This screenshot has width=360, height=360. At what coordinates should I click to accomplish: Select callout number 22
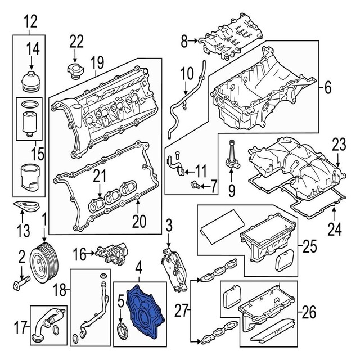pyautogui.click(x=76, y=40)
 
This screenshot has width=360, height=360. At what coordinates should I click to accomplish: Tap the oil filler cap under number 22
pyautogui.click(x=74, y=72)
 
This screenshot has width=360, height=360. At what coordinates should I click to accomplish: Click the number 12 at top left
pyautogui.click(x=29, y=22)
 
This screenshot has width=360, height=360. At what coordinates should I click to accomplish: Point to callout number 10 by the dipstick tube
pyautogui.click(x=186, y=73)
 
